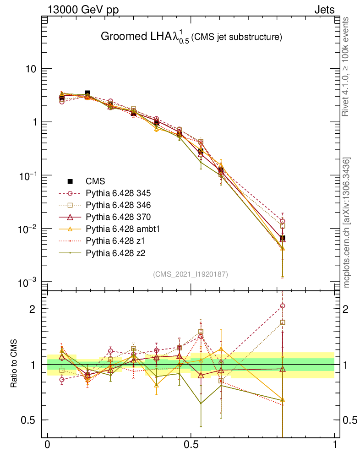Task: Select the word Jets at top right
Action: coord(324,10)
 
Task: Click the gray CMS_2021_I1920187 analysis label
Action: coord(191,274)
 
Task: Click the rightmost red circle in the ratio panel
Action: coord(283,306)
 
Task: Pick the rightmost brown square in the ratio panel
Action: coord(283,322)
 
